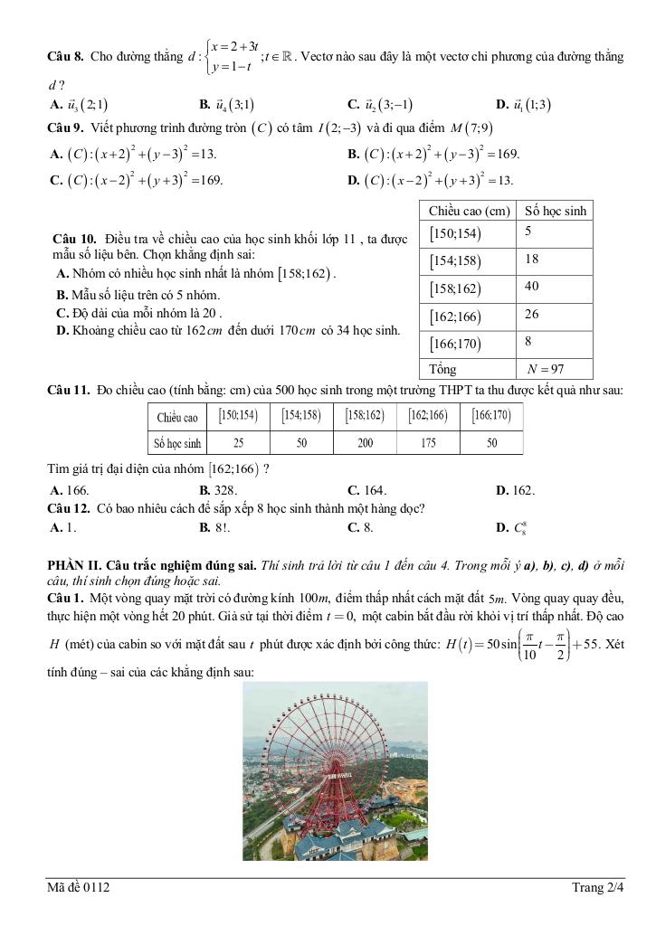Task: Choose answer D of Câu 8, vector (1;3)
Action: coord(524,104)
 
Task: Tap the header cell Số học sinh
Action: coord(553,211)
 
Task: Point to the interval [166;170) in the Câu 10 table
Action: coord(455,344)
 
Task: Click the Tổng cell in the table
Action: coord(442,369)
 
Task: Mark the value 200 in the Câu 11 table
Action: coord(365,443)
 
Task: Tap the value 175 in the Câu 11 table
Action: coord(428,443)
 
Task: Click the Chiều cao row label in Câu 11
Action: coord(177,417)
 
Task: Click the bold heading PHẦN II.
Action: coord(78,566)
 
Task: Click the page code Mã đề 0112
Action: coord(79,888)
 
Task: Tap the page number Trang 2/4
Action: coord(598,888)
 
